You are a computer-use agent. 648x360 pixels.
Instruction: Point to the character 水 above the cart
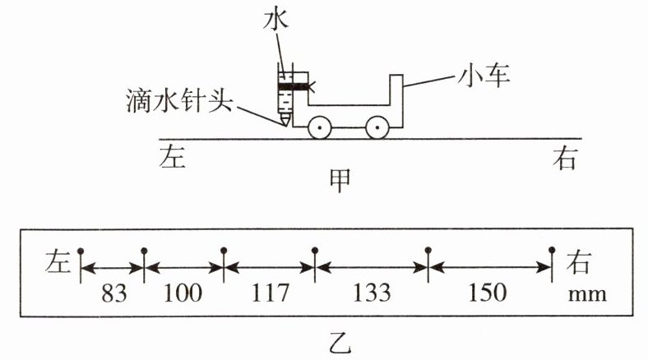pyautogui.click(x=275, y=17)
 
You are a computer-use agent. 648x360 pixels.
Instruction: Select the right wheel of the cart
pyautogui.click(x=377, y=127)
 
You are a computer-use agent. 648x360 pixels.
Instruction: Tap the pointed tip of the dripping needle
pyautogui.click(x=285, y=123)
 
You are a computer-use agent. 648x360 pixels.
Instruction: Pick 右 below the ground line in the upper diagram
pyautogui.click(x=564, y=158)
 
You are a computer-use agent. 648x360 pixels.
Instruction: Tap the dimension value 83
pyautogui.click(x=112, y=293)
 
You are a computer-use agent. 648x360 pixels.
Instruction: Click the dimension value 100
pyautogui.click(x=183, y=293)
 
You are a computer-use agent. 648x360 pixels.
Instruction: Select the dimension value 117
pyautogui.click(x=269, y=293)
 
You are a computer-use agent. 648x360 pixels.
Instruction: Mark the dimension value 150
pyautogui.click(x=489, y=293)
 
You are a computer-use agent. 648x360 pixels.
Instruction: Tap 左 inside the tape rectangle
pyautogui.click(x=59, y=264)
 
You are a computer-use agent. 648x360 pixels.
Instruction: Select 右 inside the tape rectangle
pyautogui.click(x=579, y=264)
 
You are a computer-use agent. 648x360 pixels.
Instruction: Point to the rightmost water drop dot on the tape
pyautogui.click(x=552, y=249)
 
